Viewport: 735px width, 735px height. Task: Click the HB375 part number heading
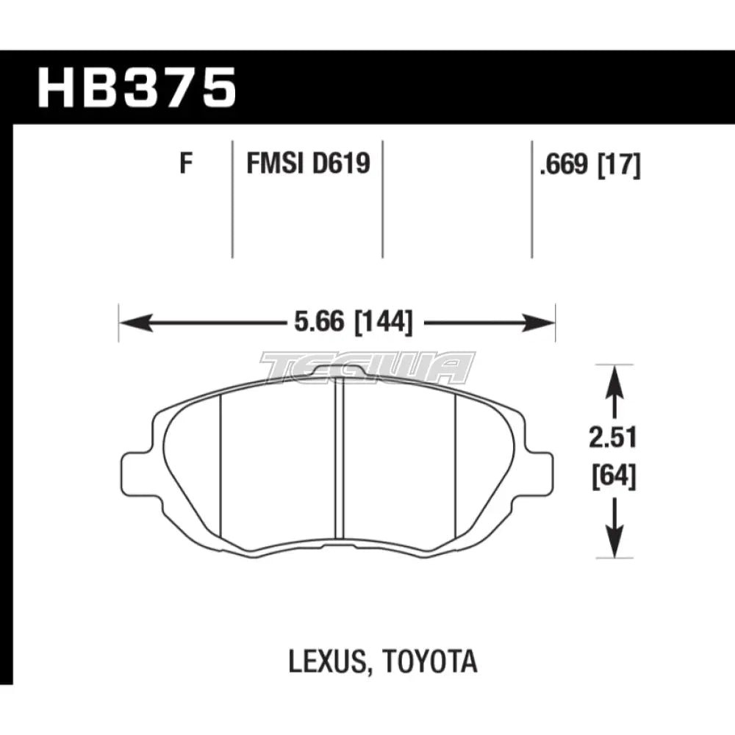[x=137, y=87]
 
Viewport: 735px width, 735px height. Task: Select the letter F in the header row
[x=187, y=164]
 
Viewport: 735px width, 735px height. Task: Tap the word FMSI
[x=275, y=164]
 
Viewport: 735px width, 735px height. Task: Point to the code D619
[x=341, y=164]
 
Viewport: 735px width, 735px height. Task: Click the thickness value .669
[x=564, y=165]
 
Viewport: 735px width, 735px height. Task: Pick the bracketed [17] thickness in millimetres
[x=618, y=165]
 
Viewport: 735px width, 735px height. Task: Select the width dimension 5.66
[x=318, y=322]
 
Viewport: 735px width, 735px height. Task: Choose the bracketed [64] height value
[x=614, y=478]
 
